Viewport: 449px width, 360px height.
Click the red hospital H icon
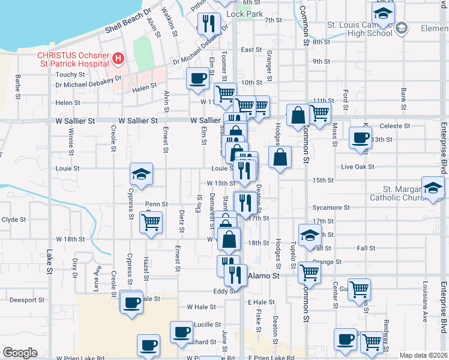click(119, 59)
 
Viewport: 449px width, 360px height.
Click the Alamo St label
click(264, 276)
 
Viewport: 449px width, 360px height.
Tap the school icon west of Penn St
click(141, 175)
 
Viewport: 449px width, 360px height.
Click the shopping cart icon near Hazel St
click(151, 223)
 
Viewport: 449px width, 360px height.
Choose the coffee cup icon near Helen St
click(198, 78)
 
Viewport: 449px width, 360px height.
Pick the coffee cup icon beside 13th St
click(360, 137)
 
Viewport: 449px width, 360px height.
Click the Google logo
click(20, 353)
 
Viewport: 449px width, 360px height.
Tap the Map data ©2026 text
click(424, 355)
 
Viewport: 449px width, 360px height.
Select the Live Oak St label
click(357, 167)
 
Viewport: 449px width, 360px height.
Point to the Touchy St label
click(70, 74)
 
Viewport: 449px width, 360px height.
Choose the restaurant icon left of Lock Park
click(208, 23)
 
